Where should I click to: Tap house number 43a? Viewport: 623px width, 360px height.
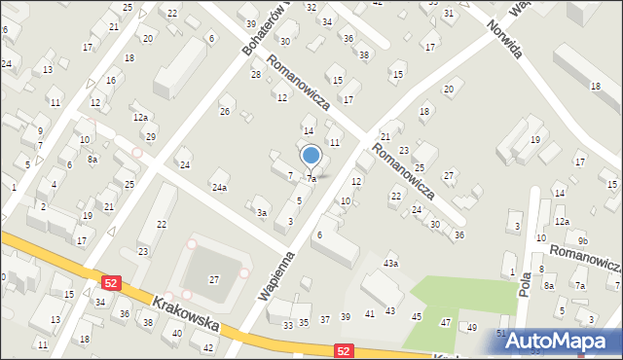pyautogui.click(x=391, y=264)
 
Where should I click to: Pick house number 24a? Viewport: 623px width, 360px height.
pyautogui.click(x=220, y=187)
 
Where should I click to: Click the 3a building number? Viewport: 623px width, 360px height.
pyautogui.click(x=261, y=212)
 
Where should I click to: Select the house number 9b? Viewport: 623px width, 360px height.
pyautogui.click(x=582, y=240)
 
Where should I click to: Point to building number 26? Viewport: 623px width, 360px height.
pyautogui.click(x=225, y=112)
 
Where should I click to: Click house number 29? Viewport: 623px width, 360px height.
pyautogui.click(x=151, y=136)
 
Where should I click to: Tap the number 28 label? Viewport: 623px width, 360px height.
pyautogui.click(x=256, y=74)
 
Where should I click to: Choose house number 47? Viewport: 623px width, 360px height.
pyautogui.click(x=446, y=322)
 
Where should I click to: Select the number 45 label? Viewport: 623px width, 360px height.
pyautogui.click(x=417, y=316)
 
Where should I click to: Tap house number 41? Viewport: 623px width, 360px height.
pyautogui.click(x=369, y=313)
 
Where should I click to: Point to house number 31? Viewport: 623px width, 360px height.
pyautogui.click(x=449, y=14)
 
